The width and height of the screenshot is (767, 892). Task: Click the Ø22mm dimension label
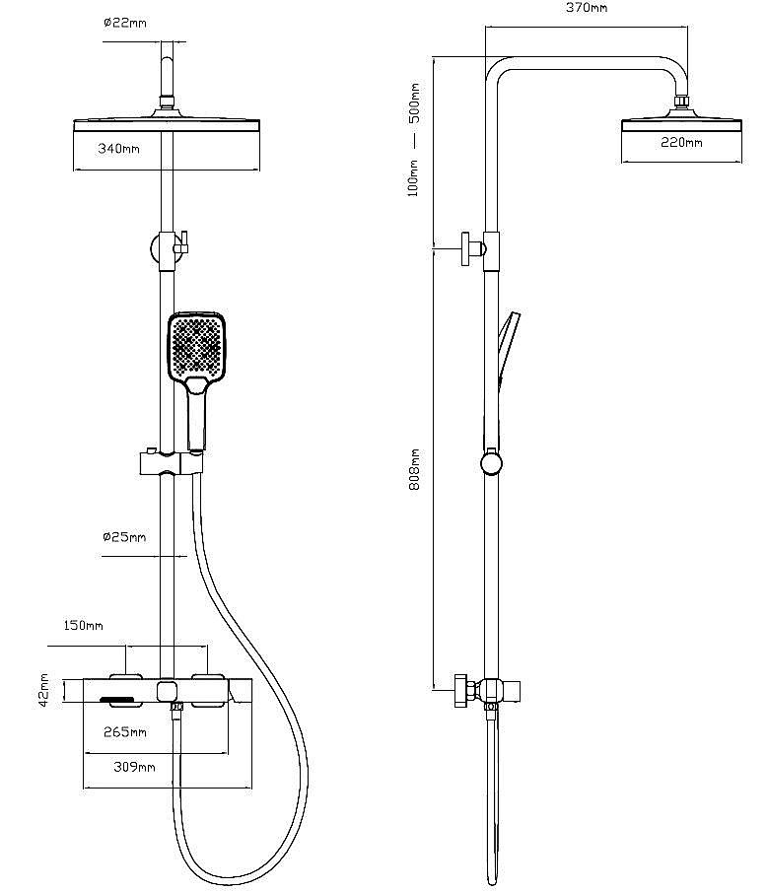124,23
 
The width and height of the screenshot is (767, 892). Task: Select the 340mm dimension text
118,149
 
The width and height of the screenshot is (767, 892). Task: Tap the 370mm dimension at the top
587,8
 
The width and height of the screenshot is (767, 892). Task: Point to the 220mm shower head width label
682,143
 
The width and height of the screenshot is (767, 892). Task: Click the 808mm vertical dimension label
415,469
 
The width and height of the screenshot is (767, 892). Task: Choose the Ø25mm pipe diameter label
124,537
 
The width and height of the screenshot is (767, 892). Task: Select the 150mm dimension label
83,625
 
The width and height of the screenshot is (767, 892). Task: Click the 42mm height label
44,690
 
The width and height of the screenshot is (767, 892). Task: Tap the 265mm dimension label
126,732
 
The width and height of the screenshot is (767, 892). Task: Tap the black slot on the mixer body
117,701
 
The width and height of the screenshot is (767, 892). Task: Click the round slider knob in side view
492,463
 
